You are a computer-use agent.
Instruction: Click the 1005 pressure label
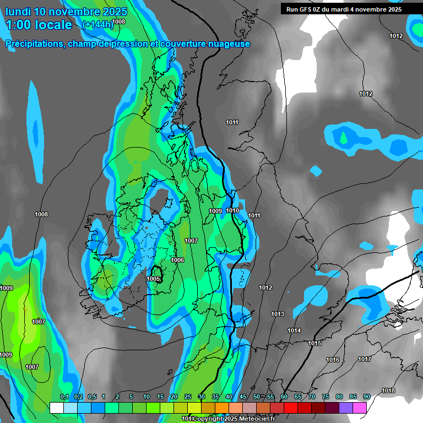click(153, 279)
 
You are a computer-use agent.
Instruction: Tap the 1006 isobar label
click(177, 260)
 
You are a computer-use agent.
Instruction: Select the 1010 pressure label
click(232, 210)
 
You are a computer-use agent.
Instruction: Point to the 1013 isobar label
click(278, 314)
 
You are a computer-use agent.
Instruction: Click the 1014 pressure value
click(294, 330)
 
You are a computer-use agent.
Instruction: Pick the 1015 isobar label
click(314, 343)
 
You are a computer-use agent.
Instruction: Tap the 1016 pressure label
click(333, 360)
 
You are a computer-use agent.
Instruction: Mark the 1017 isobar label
click(365, 359)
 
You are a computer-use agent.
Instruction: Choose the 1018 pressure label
click(388, 391)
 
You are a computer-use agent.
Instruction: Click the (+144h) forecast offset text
click(97, 25)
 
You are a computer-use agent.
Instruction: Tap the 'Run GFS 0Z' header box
click(344, 9)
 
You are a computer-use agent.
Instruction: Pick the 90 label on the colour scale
click(366, 397)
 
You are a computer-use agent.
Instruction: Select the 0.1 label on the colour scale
click(64, 397)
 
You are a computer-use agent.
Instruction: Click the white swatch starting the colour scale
click(56, 408)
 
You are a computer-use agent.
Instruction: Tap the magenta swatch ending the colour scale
click(360, 408)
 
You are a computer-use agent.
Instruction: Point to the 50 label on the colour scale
click(256, 397)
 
